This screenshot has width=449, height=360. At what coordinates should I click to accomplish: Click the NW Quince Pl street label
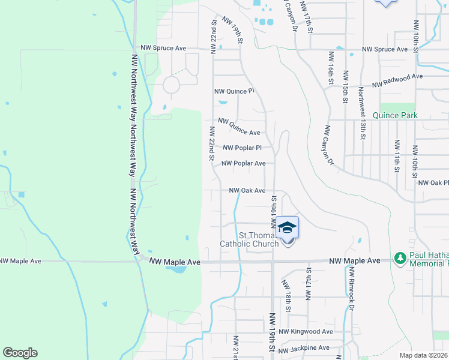pyautogui.click(x=235, y=91)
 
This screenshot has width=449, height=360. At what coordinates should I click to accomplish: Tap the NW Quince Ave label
pyautogui.click(x=239, y=127)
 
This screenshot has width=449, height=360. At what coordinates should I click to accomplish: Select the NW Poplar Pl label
pyautogui.click(x=243, y=148)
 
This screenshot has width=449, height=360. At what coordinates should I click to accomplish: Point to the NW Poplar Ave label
pyautogui.click(x=243, y=163)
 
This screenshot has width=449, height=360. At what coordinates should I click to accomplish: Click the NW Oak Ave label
pyautogui.click(x=247, y=191)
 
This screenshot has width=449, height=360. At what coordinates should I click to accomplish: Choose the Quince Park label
pyautogui.click(x=394, y=115)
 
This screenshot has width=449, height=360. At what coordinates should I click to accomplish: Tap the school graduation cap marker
pyautogui.click(x=288, y=227)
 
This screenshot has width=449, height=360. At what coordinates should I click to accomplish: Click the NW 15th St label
pyautogui.click(x=346, y=87)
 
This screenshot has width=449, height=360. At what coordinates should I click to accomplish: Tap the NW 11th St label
pyautogui.click(x=397, y=155)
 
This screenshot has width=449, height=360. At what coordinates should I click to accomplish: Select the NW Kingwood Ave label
pyautogui.click(x=306, y=332)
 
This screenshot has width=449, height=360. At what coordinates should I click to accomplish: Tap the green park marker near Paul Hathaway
pyautogui.click(x=400, y=257)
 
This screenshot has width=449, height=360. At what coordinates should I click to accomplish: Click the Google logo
pyautogui.click(x=20, y=353)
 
